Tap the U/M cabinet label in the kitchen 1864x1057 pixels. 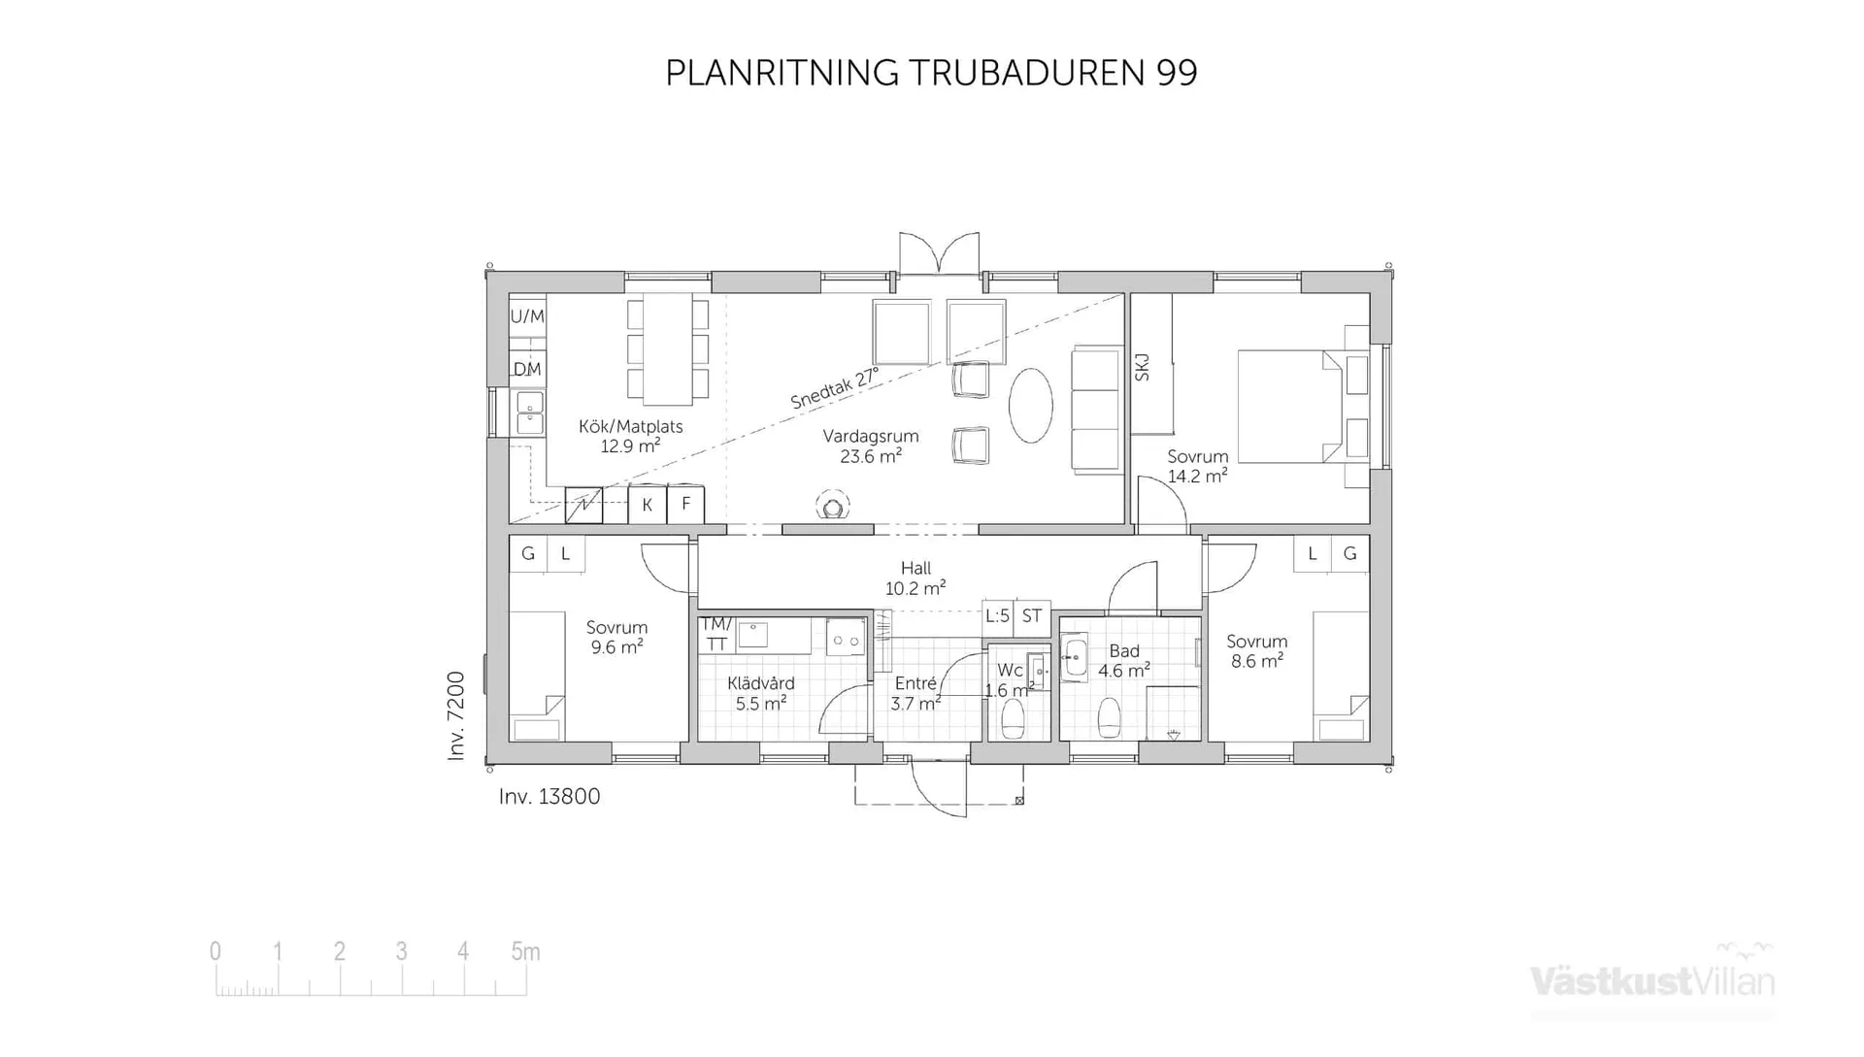[x=527, y=316]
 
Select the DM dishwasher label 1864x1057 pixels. [x=527, y=369]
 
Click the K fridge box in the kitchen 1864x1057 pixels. [x=647, y=505]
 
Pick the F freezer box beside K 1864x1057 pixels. [x=685, y=504]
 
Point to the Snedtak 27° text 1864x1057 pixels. [x=834, y=387]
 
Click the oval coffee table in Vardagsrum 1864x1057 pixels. [x=1030, y=406]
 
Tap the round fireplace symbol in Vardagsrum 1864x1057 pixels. [x=832, y=507]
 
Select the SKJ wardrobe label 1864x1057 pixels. [x=1143, y=367]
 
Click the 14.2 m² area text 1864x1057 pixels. [x=1196, y=477]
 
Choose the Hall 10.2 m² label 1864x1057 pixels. [x=915, y=578]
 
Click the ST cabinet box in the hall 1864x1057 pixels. [x=1032, y=615]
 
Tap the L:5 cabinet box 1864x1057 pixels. [x=997, y=615]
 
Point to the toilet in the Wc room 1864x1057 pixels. [x=1013, y=720]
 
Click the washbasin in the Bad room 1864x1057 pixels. [x=1074, y=657]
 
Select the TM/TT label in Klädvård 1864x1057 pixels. [x=716, y=634]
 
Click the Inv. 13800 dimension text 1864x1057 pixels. [x=549, y=797]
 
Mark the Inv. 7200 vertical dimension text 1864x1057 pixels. [x=456, y=715]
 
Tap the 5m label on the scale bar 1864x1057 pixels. [x=525, y=952]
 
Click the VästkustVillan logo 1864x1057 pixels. [x=1651, y=980]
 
